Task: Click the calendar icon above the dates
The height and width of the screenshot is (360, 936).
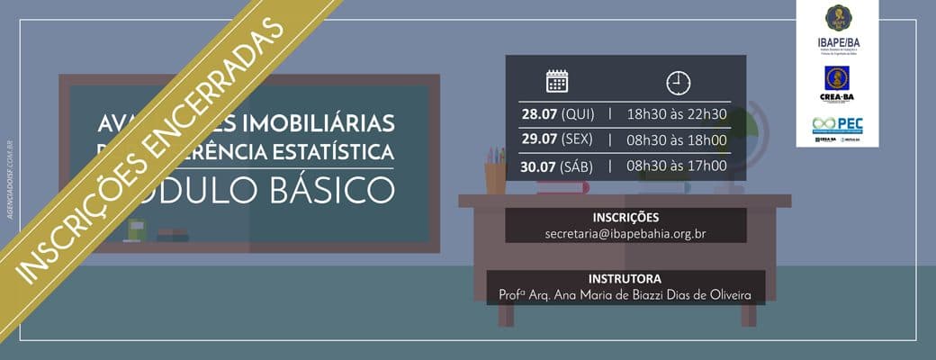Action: (557, 81)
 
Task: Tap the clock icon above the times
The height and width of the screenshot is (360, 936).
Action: (678, 83)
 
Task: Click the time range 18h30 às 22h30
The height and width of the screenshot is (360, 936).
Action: (677, 113)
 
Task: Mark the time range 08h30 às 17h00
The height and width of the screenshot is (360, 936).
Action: (677, 166)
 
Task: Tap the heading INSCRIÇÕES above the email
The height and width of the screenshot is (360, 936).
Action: (625, 217)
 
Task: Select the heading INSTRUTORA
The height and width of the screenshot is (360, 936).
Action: (625, 279)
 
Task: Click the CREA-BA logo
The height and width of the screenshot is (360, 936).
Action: (838, 85)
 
